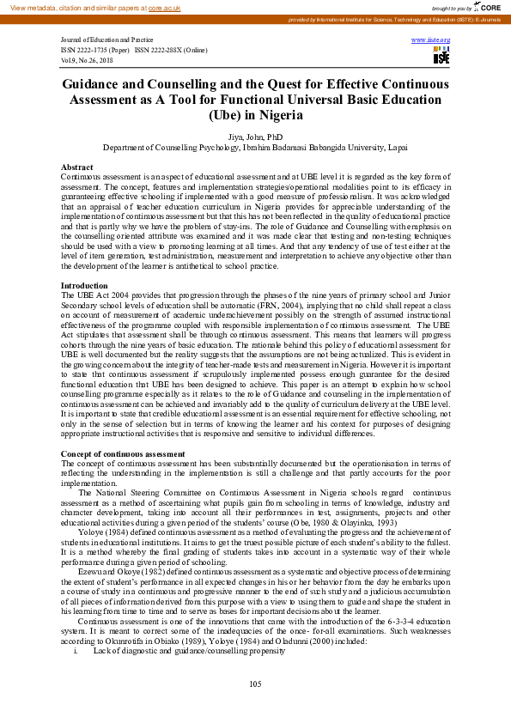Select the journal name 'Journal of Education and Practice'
point(106,40)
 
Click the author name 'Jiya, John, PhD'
point(255,137)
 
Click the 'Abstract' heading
point(77,167)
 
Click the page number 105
point(255,684)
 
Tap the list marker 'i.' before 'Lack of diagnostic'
point(76,652)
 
